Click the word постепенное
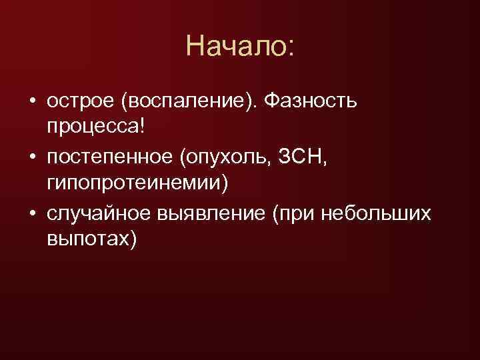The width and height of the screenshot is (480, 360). tap(111, 157)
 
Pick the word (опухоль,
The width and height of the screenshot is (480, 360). tap(231, 157)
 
